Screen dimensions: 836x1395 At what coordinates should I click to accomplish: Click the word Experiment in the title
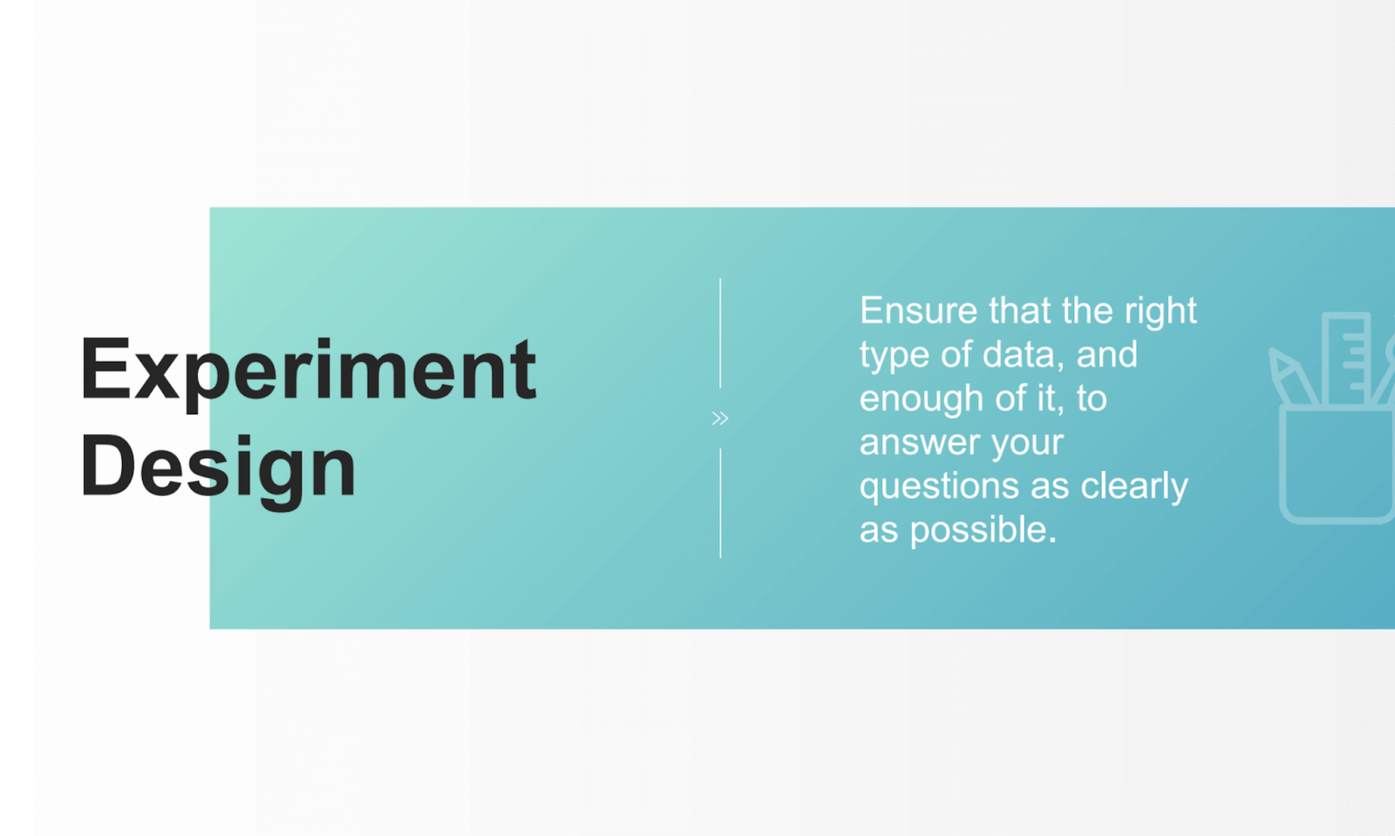point(307,370)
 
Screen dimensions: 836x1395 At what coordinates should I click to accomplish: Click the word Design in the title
point(218,467)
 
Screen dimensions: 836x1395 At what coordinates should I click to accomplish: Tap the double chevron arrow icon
point(719,418)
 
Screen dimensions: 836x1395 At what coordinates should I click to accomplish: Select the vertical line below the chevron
point(720,503)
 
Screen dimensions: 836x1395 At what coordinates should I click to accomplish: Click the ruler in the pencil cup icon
point(1345,358)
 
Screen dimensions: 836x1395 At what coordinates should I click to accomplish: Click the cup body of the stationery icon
point(1336,466)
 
